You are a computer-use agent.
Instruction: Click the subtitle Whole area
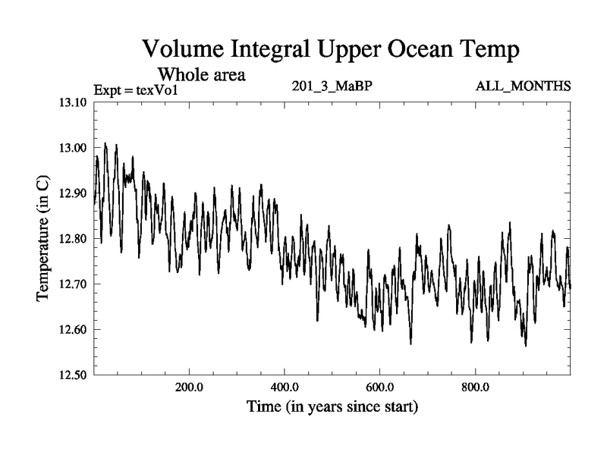click(x=201, y=74)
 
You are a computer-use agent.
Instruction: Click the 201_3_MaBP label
click(x=332, y=86)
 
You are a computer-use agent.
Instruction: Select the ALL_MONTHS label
click(x=523, y=86)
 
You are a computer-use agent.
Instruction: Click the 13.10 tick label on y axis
click(x=73, y=102)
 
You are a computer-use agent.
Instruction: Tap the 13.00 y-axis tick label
click(x=73, y=148)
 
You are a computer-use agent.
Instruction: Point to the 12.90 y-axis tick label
click(x=73, y=193)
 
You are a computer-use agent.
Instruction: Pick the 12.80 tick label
click(x=73, y=239)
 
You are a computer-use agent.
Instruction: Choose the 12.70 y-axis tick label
click(x=73, y=284)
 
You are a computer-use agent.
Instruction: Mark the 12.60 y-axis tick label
click(x=73, y=330)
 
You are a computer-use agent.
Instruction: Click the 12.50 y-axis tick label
click(x=73, y=375)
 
